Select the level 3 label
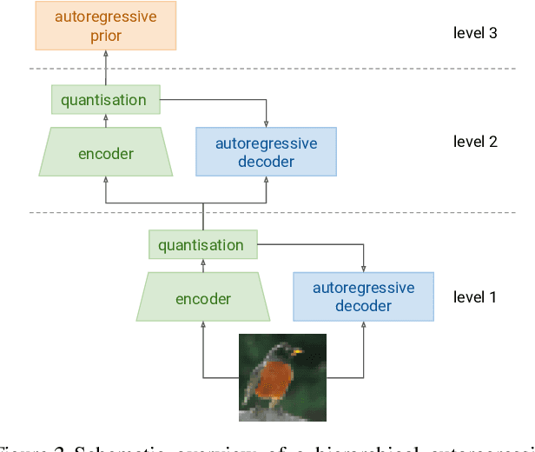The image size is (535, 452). [475, 33]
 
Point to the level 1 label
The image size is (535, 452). [475, 296]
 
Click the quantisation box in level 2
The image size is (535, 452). [104, 100]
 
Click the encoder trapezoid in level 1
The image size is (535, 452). [203, 299]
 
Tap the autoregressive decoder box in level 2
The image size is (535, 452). [266, 152]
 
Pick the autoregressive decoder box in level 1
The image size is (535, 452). [363, 296]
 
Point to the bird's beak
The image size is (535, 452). [301, 353]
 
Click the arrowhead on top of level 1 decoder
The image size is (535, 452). [363, 268]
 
